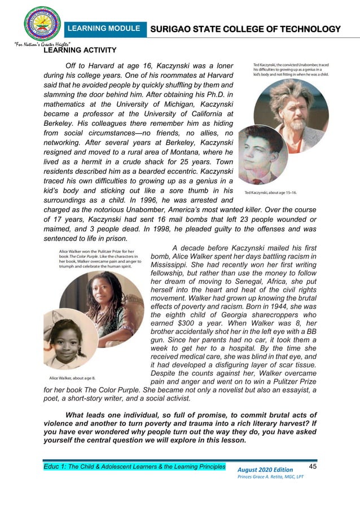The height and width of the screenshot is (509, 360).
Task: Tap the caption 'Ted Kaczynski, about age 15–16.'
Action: [279, 192]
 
